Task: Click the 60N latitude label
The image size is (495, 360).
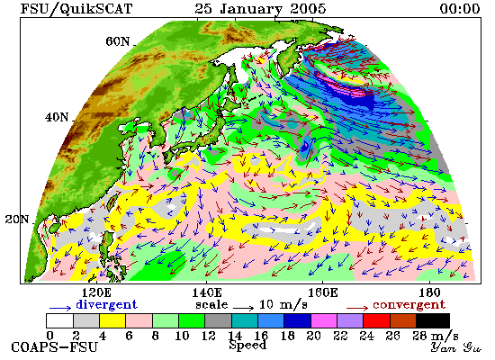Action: [117, 41]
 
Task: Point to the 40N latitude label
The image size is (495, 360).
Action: [57, 118]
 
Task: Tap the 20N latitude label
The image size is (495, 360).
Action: [17, 220]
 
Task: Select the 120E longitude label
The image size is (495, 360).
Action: [96, 292]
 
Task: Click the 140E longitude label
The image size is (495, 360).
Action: [207, 292]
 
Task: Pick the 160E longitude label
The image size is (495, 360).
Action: [322, 292]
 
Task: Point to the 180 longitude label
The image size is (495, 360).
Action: [429, 292]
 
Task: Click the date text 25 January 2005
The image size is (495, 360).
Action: [260, 9]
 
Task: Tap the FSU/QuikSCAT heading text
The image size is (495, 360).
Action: [76, 9]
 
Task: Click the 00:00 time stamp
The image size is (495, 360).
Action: [460, 9]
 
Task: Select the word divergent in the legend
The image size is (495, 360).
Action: [107, 304]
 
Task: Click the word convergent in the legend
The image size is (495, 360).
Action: [409, 305]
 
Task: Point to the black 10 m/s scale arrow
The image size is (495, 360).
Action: [243, 308]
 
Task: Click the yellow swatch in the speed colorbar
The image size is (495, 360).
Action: [112, 320]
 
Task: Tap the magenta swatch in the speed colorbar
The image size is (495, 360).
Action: [324, 320]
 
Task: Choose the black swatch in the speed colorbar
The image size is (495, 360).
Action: [433, 320]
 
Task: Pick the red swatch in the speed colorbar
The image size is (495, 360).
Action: [376, 320]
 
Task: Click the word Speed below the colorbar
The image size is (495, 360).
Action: [247, 345]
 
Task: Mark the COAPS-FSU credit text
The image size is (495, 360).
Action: [54, 347]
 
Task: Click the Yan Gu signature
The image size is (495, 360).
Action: [456, 347]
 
